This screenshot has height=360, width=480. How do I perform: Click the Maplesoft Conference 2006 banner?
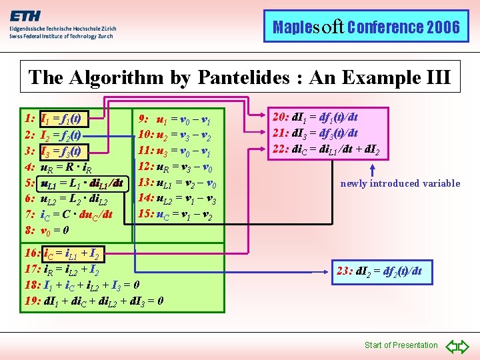(366, 27)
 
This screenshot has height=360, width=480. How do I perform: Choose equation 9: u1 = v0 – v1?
(175, 120)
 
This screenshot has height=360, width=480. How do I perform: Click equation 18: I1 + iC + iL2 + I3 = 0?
(81, 285)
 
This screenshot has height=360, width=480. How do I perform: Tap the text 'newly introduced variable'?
(400, 183)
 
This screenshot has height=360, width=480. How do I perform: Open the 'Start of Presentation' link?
(401, 345)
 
